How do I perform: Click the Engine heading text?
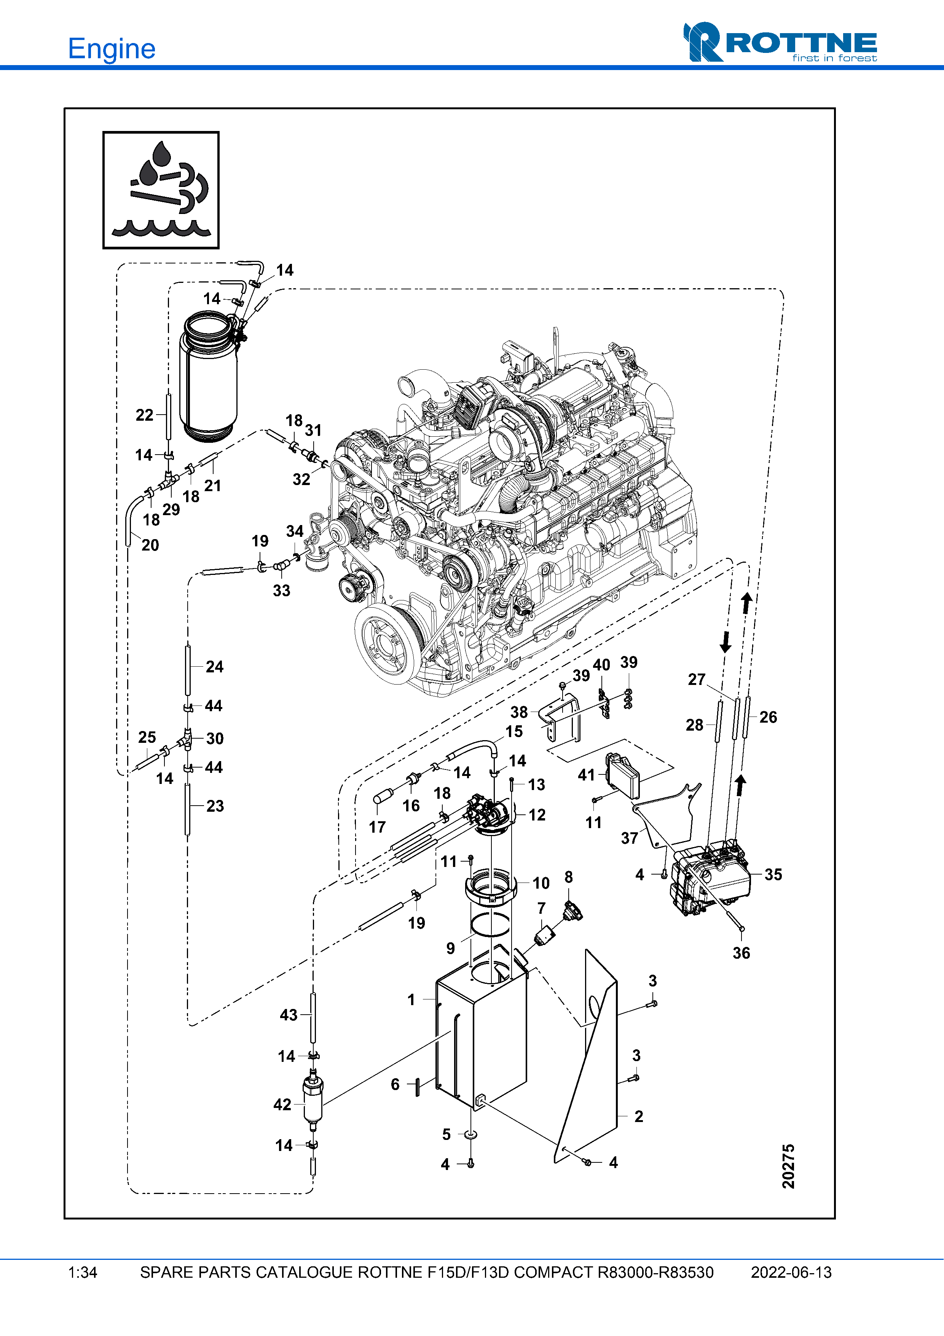tap(111, 49)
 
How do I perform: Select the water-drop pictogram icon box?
tap(161, 190)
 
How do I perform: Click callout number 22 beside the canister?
tap(144, 415)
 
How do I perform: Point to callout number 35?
tap(773, 874)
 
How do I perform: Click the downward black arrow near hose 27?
tap(725, 642)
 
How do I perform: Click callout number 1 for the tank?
tap(411, 1000)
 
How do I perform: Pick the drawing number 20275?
tap(788, 1166)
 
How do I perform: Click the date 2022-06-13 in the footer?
tap(791, 1272)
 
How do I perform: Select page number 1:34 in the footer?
tap(83, 1272)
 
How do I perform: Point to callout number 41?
tap(586, 774)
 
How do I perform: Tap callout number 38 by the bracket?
tap(519, 712)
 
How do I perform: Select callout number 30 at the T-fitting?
tap(215, 738)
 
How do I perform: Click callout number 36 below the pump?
tap(741, 953)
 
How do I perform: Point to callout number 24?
tap(215, 666)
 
